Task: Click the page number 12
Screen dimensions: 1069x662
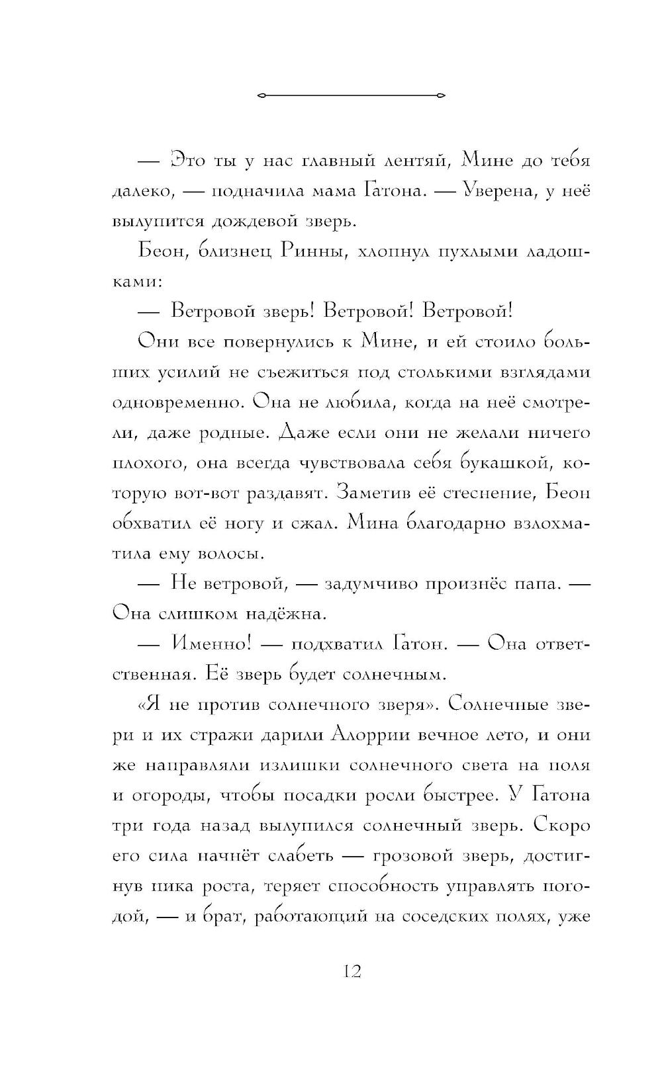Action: [352, 971]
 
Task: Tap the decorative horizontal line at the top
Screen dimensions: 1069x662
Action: [351, 96]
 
